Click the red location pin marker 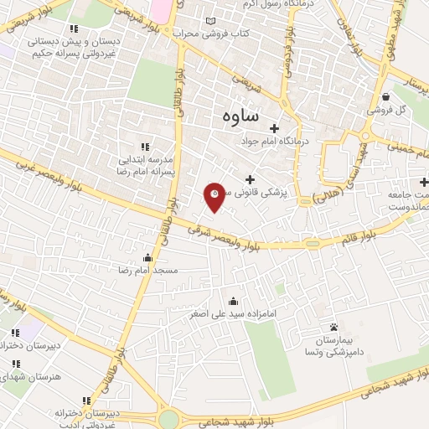[x=214, y=196]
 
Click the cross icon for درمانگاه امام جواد [x=274, y=128]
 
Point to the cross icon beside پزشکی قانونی [x=250, y=179]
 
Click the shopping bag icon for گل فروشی [x=385, y=96]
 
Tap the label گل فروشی [x=388, y=110]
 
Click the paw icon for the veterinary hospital [x=333, y=327]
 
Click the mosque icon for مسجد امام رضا [x=148, y=257]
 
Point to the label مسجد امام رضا [x=148, y=271]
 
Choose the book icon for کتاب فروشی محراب [x=209, y=21]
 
